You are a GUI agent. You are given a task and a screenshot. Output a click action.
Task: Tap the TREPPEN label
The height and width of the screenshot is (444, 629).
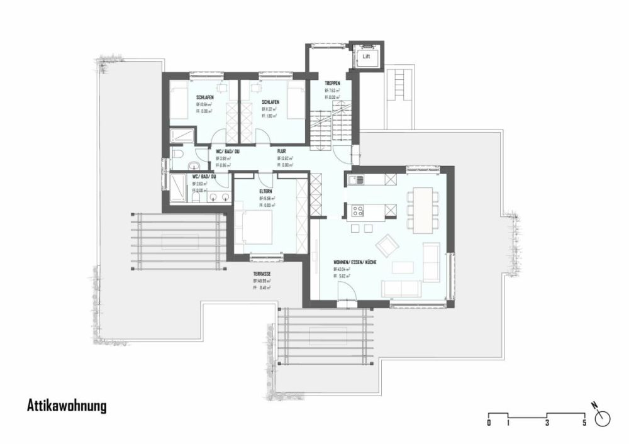pos(332,83)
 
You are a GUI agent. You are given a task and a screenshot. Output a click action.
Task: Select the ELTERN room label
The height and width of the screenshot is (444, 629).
pos(266,191)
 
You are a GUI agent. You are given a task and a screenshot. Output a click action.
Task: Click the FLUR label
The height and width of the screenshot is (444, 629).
pos(282,151)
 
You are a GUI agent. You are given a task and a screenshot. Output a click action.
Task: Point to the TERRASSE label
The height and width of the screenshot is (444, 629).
pos(262,274)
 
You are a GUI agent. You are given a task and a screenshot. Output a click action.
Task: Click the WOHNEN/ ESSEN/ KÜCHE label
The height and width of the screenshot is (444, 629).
pos(355,262)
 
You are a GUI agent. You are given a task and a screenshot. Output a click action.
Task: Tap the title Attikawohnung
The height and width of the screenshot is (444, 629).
pos(67,406)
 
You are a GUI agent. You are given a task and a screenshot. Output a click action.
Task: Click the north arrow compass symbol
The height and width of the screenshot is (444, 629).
pos(604,418)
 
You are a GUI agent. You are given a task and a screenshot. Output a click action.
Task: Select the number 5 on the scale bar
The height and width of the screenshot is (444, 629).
pos(584,423)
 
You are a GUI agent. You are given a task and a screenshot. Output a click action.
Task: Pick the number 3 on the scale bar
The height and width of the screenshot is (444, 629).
pos(547,423)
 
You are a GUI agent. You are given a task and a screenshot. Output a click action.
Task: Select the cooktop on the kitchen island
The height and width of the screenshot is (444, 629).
pos(359,209)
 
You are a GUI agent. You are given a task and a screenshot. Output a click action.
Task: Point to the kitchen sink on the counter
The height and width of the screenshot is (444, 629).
pos(355,180)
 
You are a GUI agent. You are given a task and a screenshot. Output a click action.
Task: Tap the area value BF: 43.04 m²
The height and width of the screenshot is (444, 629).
pos(342,269)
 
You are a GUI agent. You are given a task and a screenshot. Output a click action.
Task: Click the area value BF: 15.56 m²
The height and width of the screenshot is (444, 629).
pos(267,198)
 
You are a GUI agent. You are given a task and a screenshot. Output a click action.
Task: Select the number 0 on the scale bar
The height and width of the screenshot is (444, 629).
pos(489,423)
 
